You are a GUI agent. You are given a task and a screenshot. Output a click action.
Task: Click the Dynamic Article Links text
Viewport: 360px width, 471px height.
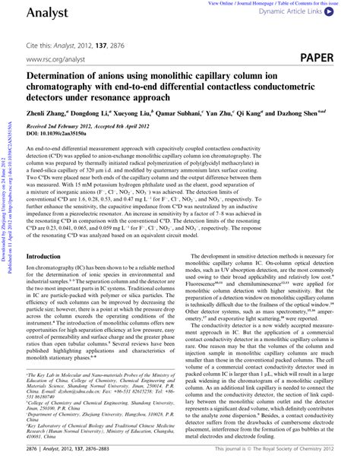[295, 13]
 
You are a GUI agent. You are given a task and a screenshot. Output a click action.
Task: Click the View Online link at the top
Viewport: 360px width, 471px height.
[222, 3]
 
